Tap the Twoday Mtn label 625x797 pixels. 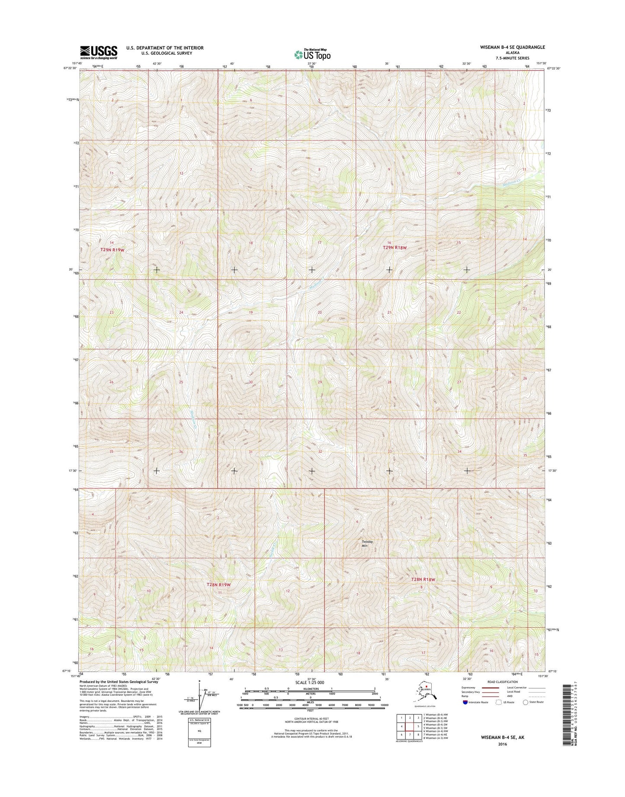click(367, 544)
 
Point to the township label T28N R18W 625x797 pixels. click(423, 579)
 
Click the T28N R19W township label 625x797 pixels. click(219, 585)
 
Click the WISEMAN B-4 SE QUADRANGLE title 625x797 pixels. click(510, 47)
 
